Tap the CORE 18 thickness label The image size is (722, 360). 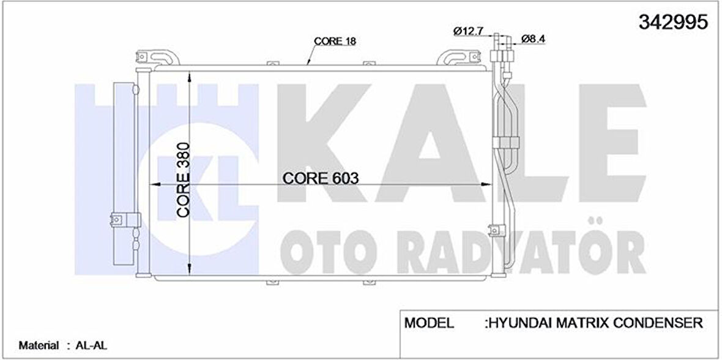[x=335, y=41]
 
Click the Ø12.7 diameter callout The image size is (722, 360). [x=468, y=31]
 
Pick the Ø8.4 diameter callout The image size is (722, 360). [x=534, y=39]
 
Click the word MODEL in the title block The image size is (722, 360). [x=429, y=323]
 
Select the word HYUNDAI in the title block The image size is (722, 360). [x=521, y=323]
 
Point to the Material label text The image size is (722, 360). [x=39, y=345]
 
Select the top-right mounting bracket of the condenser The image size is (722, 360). [x=456, y=58]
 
